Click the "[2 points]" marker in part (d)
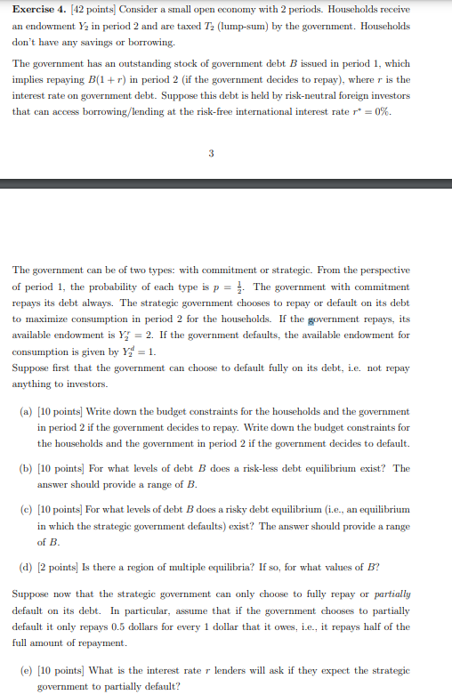[61, 566]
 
